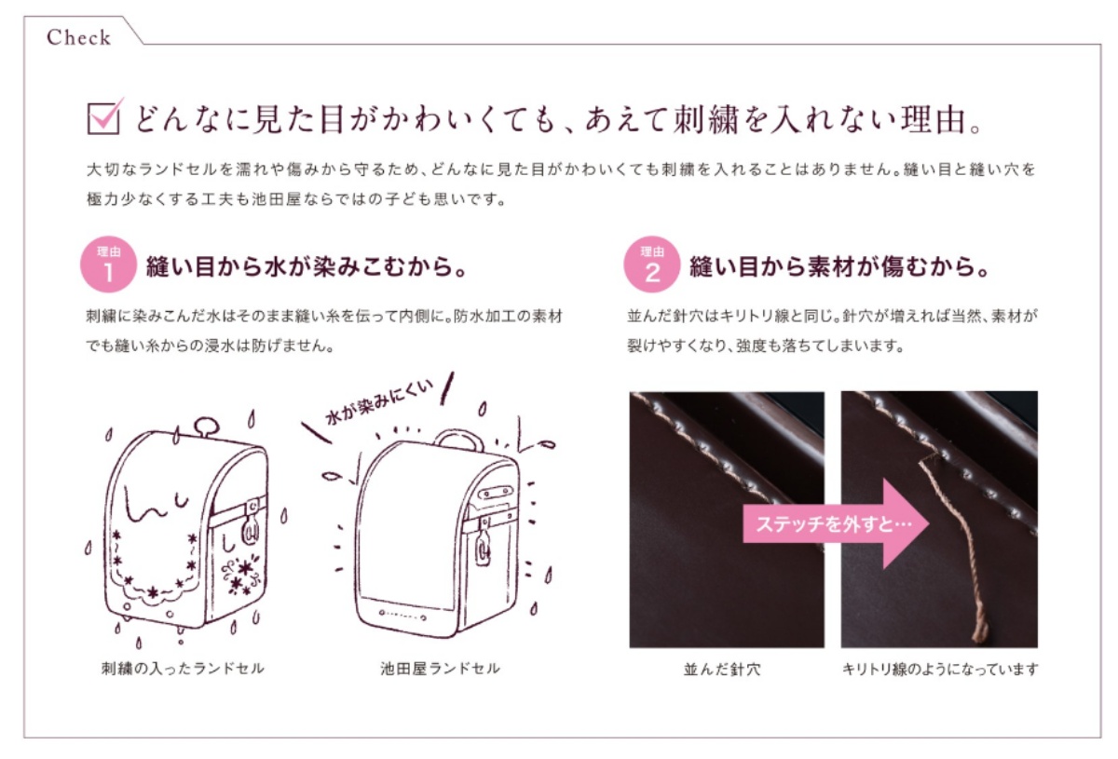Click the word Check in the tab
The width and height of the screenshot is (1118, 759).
(x=78, y=37)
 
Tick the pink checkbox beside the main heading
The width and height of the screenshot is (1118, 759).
(x=103, y=117)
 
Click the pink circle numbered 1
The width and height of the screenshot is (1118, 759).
(x=108, y=264)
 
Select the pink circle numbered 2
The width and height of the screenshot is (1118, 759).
(x=652, y=264)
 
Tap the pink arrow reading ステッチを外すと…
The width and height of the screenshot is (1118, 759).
(x=836, y=524)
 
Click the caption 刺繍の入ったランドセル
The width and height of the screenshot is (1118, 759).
(x=183, y=668)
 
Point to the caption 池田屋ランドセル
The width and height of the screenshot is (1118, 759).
(x=440, y=668)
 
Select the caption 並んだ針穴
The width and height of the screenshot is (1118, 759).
(x=722, y=670)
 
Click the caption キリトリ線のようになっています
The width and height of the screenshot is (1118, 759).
(x=940, y=670)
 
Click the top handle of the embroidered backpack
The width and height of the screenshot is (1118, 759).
(x=206, y=427)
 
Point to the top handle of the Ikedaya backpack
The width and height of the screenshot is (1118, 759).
(x=458, y=440)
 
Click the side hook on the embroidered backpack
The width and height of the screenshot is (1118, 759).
(x=251, y=524)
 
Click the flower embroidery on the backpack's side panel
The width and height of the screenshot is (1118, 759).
(x=241, y=575)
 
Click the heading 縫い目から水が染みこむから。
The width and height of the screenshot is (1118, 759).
(x=306, y=266)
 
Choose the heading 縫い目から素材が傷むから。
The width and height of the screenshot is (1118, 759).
(x=839, y=266)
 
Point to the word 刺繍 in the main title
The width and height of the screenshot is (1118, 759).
(x=705, y=120)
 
